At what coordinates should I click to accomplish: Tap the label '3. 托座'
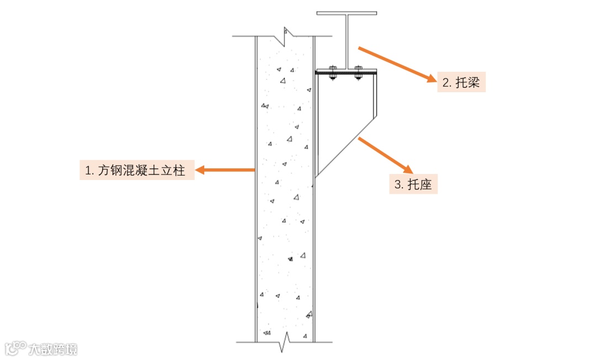click(414, 185)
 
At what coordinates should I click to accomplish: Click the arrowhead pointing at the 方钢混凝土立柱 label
click(200, 171)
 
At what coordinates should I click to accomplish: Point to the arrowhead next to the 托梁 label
click(431, 78)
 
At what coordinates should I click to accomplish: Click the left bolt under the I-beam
click(333, 72)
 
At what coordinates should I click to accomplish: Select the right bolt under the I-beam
click(359, 72)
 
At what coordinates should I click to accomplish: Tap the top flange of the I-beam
click(347, 12)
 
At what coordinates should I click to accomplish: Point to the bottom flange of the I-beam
click(345, 70)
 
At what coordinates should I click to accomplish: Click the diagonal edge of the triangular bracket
click(345, 146)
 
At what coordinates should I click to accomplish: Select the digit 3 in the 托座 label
click(397, 186)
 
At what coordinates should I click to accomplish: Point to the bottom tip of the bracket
click(316, 177)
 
